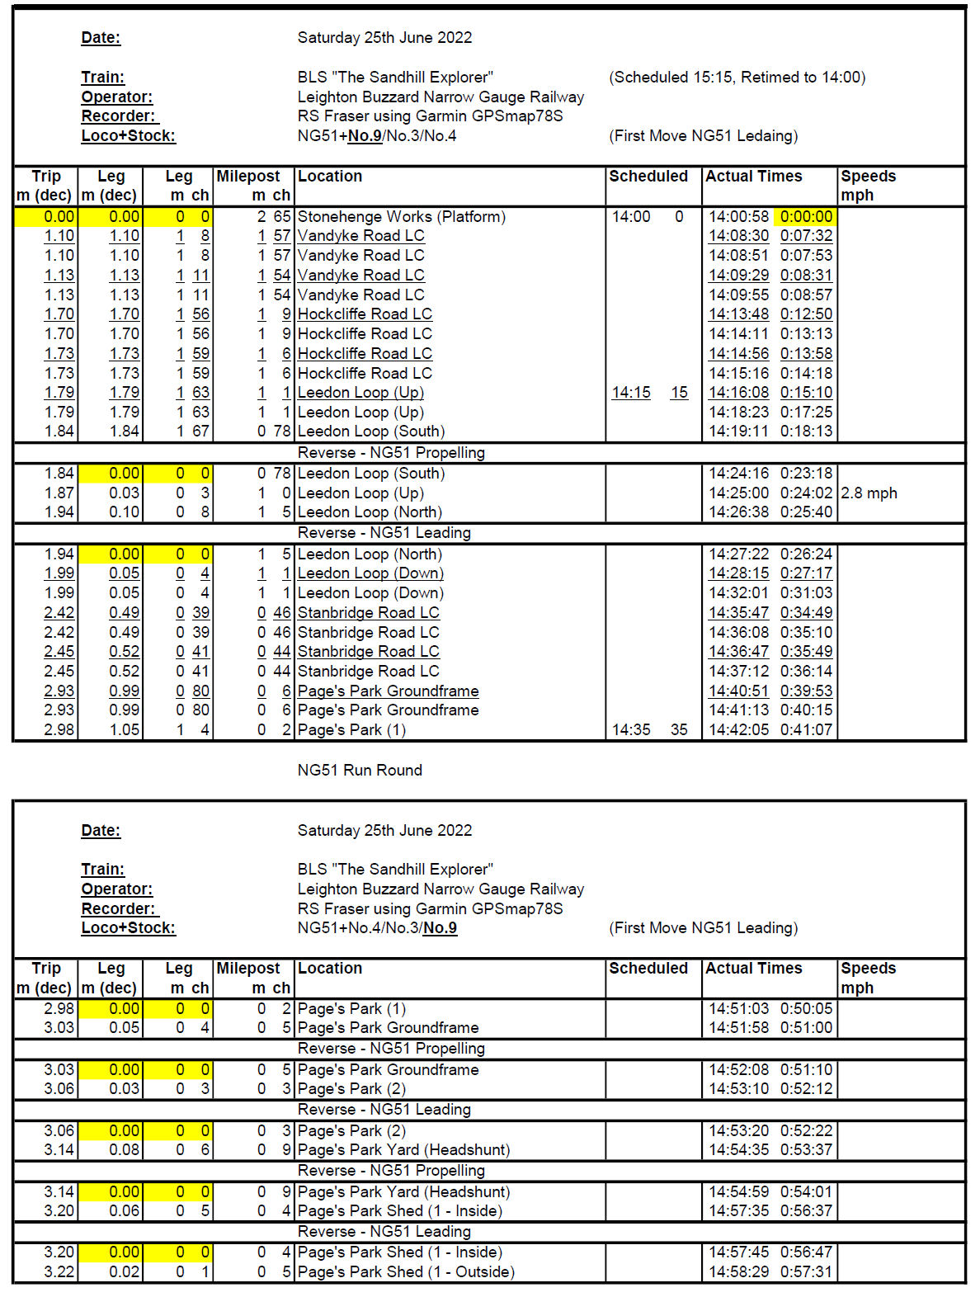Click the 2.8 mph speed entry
pos(869,493)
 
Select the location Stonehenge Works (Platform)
pos(401,216)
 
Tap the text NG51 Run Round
pos(360,770)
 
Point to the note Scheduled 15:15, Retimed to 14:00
pos(737,77)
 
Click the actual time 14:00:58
pos(738,216)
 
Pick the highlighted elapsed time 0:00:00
pos(806,216)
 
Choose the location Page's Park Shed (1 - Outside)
pos(406,1271)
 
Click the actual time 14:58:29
pos(738,1271)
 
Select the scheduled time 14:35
pos(631,729)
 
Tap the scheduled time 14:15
pos(631,393)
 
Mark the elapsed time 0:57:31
pos(806,1271)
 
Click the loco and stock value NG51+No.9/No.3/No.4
pos(377,135)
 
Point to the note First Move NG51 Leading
pos(703,927)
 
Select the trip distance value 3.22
pos(59,1271)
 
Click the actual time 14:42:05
pos(738,729)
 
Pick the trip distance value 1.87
pos(59,493)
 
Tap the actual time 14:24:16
pos(738,473)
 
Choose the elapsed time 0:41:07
pos(806,729)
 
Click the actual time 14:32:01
pos(738,592)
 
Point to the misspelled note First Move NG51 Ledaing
pos(703,135)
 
